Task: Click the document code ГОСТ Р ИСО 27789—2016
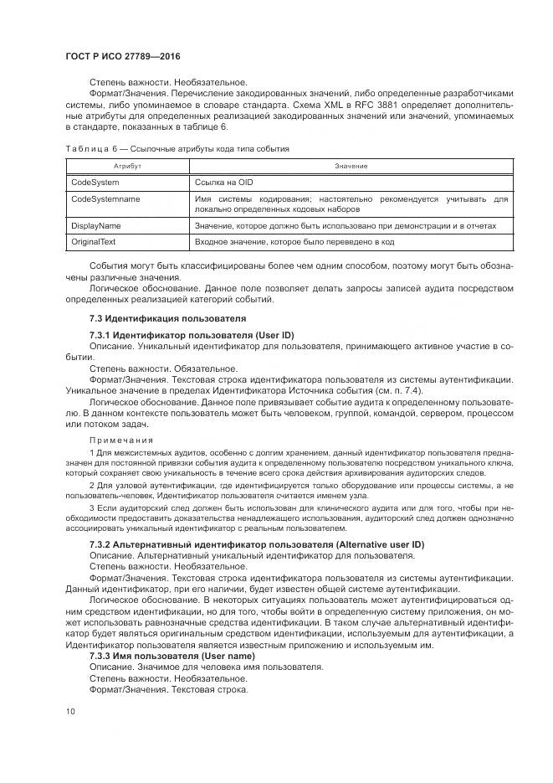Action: click(123, 56)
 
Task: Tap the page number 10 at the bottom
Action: click(70, 711)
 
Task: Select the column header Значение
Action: click(351, 167)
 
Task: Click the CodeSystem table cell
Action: click(95, 182)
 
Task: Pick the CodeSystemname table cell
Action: click(105, 198)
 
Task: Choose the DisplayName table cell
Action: click(96, 225)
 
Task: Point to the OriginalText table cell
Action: click(94, 242)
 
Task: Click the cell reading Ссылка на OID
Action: click(223, 182)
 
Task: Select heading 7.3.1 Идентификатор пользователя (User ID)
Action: click(192, 336)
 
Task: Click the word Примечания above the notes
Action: click(121, 440)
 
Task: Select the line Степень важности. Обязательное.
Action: click(163, 368)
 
